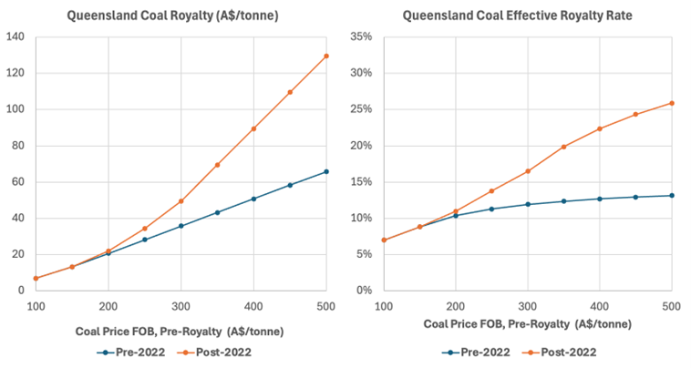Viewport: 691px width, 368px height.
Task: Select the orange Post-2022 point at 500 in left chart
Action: (x=326, y=56)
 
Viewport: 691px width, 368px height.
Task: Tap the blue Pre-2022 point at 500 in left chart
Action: (x=326, y=171)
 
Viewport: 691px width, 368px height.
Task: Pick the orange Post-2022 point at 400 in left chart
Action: (x=253, y=128)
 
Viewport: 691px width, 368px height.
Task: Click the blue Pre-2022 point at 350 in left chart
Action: (x=217, y=212)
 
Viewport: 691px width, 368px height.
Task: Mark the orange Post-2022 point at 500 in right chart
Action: (x=671, y=103)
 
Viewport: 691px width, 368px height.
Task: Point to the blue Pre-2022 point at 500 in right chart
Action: (x=671, y=195)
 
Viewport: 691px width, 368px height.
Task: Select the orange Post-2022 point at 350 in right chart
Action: (x=563, y=147)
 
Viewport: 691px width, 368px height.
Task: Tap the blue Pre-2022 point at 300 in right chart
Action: (x=528, y=204)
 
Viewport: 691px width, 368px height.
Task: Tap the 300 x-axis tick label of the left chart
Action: (x=180, y=307)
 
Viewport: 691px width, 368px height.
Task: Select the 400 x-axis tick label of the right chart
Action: (x=600, y=307)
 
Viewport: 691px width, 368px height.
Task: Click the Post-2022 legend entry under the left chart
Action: (x=220, y=350)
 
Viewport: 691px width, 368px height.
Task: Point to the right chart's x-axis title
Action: (x=528, y=324)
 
